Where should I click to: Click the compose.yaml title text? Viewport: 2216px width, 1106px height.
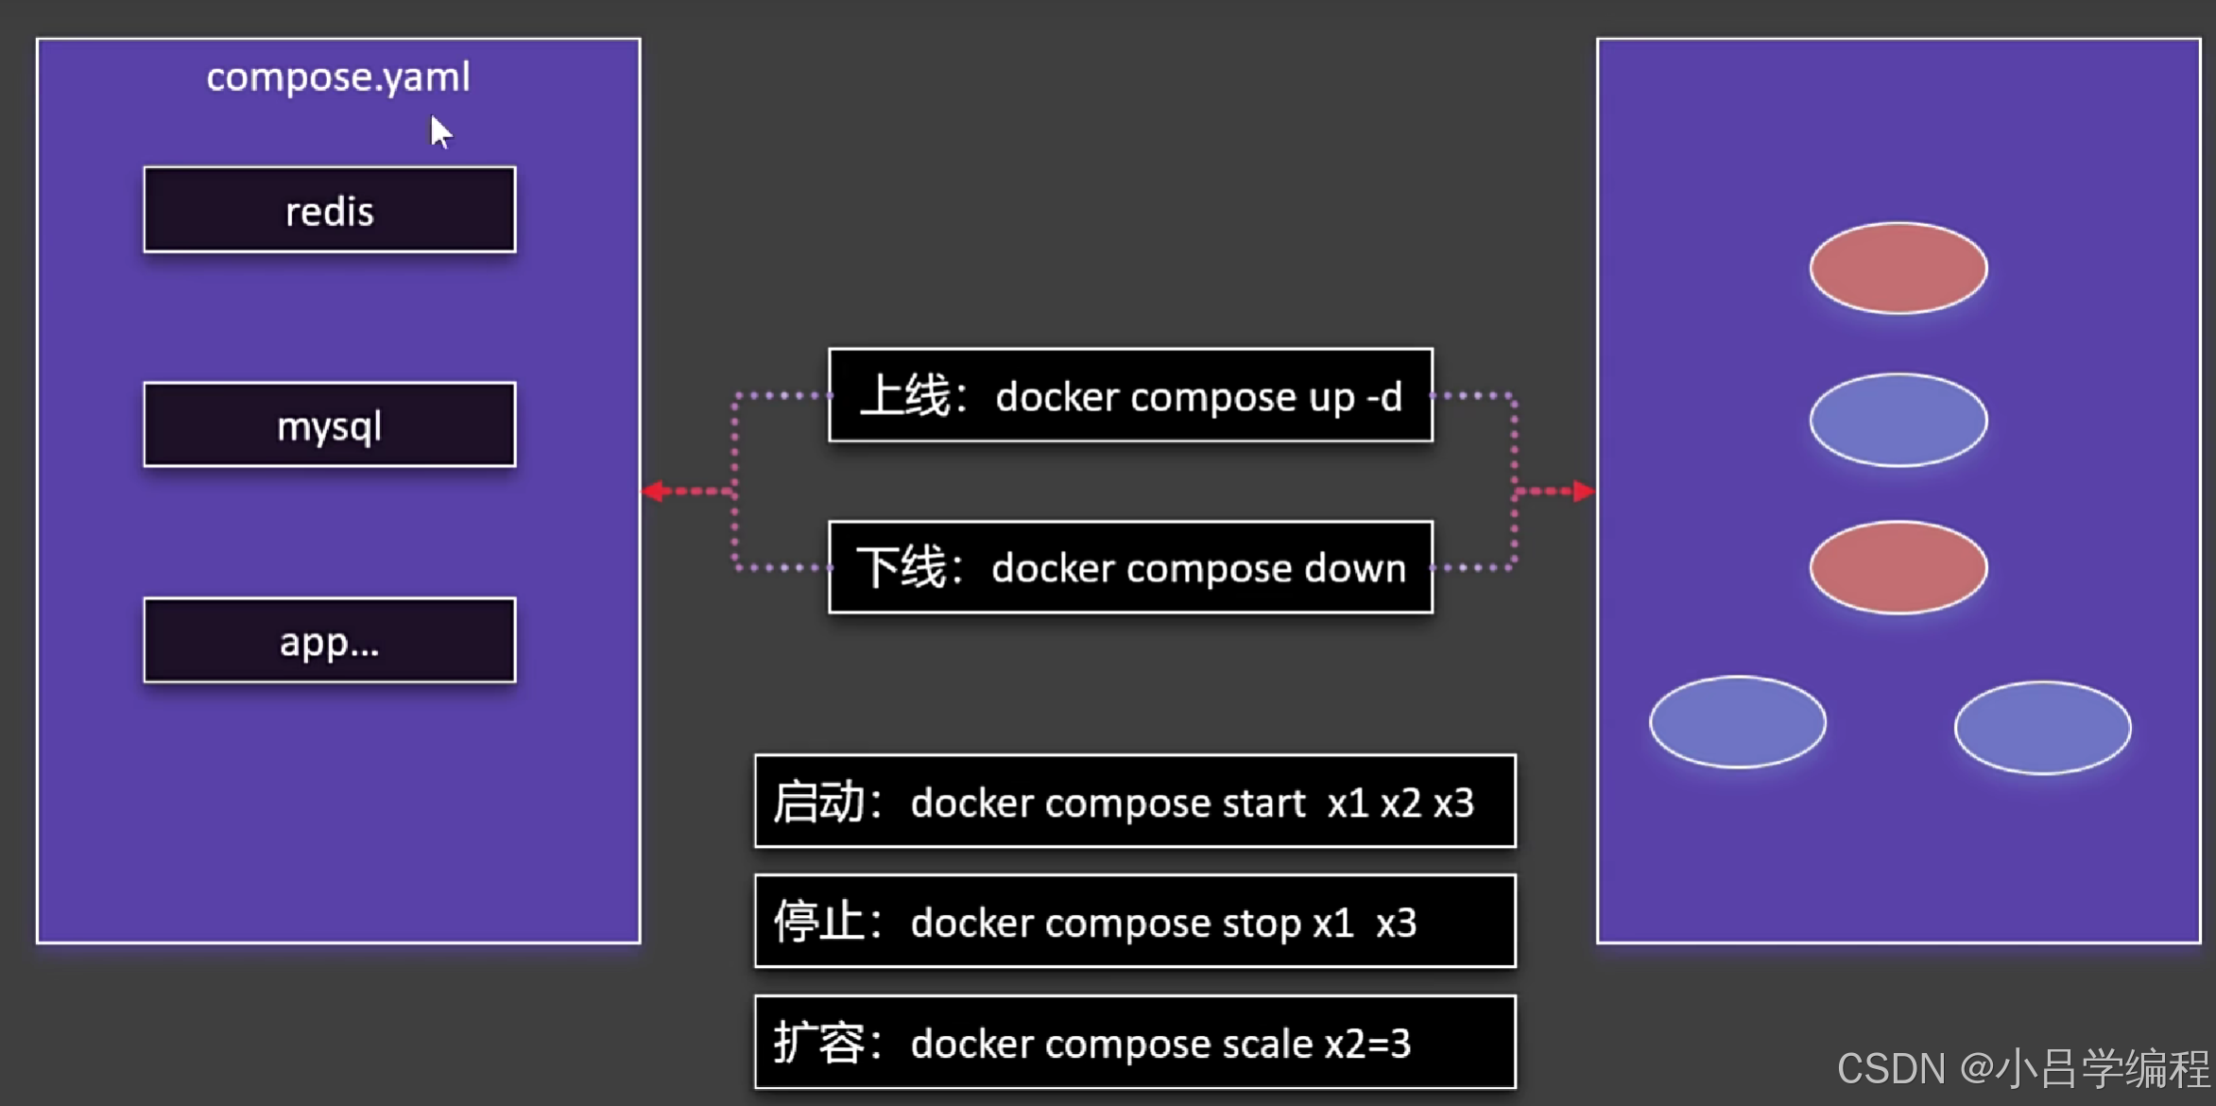click(x=338, y=78)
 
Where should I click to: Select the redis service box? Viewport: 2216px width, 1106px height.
click(x=329, y=210)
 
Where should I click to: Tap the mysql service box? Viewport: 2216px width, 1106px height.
click(x=329, y=425)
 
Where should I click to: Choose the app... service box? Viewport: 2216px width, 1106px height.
click(x=329, y=640)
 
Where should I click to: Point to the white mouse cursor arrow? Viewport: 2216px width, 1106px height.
click(x=439, y=131)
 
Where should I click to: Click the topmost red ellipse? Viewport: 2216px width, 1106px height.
click(x=1898, y=268)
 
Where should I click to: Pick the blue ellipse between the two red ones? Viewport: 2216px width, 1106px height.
click(x=1898, y=420)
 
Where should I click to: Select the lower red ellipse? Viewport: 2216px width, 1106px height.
click(x=1898, y=567)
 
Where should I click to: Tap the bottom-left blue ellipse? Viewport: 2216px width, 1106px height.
click(x=1737, y=722)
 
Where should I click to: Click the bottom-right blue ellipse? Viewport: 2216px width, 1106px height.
click(x=2042, y=727)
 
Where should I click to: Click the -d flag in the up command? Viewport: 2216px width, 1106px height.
click(x=1384, y=397)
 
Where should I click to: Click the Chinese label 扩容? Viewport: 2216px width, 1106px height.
click(x=818, y=1044)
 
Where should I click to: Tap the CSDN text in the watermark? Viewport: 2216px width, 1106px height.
click(x=1890, y=1069)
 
